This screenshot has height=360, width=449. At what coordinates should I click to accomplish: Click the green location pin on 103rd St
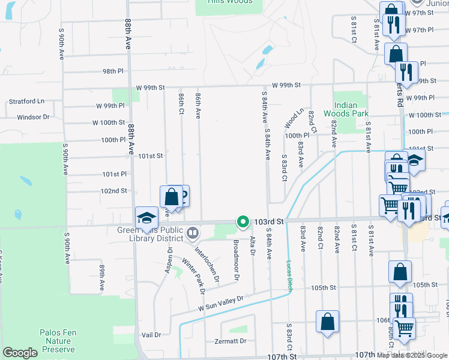click(243, 222)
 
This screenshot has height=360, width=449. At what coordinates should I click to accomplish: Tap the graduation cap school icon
click(146, 219)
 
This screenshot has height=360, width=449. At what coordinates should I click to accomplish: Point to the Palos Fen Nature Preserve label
click(57, 340)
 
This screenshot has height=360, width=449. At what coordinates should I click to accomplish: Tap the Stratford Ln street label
click(27, 102)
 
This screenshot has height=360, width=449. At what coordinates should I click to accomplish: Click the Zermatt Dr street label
click(231, 341)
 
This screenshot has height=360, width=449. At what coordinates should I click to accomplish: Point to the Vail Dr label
click(151, 335)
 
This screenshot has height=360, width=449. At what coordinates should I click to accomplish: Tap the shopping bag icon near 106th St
click(327, 321)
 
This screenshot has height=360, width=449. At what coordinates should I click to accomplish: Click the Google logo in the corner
click(20, 353)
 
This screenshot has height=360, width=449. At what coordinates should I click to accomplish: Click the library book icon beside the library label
click(193, 232)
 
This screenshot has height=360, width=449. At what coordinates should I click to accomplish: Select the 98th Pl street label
click(113, 71)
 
